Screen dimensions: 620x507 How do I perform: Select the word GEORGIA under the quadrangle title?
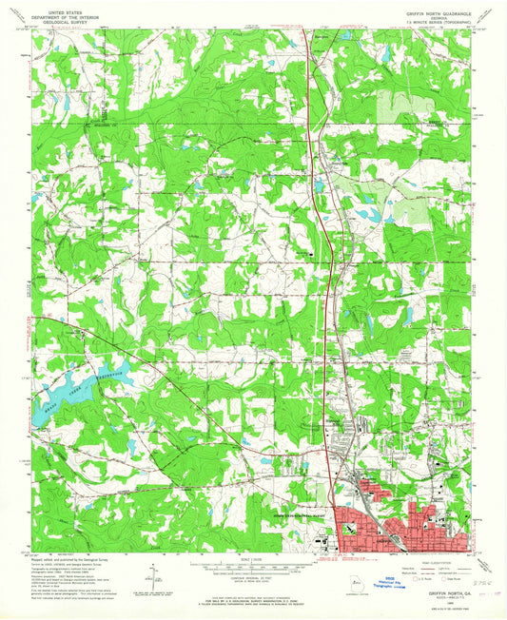pos(439,16)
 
